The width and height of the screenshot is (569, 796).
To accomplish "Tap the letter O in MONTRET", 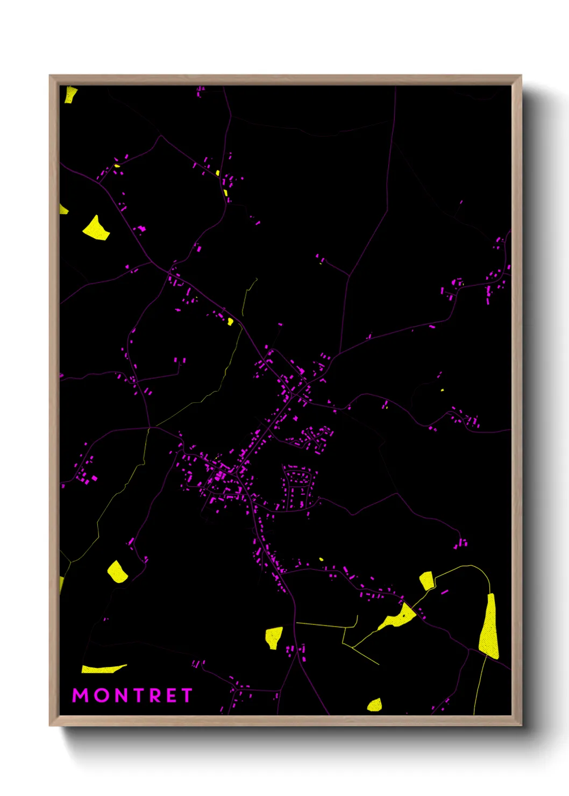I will [x=103, y=695].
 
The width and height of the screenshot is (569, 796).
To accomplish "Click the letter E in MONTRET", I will [x=172, y=695].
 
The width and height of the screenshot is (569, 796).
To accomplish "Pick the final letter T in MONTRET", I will [x=186, y=695].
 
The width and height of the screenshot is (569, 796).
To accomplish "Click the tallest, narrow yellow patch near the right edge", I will [x=489, y=627].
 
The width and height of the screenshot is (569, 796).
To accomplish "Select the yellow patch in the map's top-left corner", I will [x=70, y=94].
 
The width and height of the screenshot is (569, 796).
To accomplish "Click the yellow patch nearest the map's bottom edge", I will [x=375, y=705].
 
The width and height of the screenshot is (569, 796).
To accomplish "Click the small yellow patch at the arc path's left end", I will [x=426, y=580].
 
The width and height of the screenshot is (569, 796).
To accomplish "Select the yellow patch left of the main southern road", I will [x=274, y=637].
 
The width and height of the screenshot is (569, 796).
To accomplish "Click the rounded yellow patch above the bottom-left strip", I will [x=117, y=571].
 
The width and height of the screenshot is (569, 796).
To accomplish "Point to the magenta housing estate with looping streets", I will [x=299, y=487].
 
